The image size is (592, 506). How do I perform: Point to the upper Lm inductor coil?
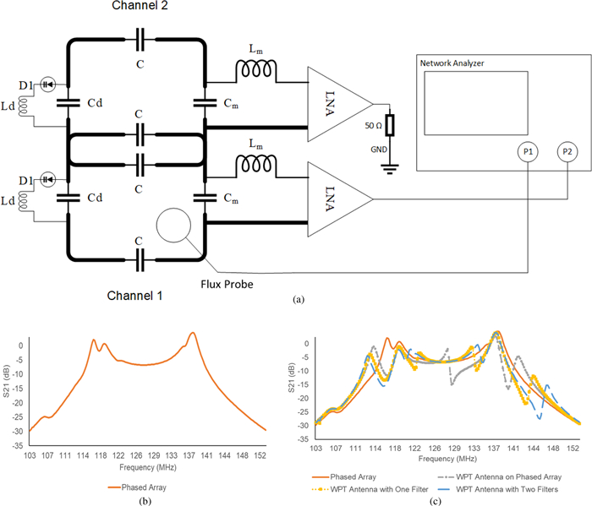pos(256,79)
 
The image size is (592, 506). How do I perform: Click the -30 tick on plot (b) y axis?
pos(19,431)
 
